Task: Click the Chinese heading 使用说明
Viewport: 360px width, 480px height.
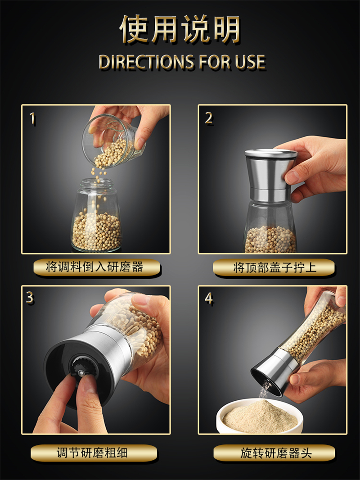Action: coord(180,29)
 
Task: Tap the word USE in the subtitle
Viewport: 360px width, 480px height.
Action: coord(250,62)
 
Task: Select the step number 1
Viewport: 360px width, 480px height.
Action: coord(32,118)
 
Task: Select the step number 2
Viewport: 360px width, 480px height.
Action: coord(209,118)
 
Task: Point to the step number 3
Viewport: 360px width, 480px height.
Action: coord(30,298)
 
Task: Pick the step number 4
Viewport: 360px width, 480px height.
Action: coord(209,299)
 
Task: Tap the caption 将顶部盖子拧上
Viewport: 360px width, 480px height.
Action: coord(274,267)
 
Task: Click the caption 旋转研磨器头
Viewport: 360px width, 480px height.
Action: coord(276,453)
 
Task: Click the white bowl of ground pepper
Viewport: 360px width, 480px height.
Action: coord(260,417)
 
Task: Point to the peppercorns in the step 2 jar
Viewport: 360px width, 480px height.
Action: coord(271,240)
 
